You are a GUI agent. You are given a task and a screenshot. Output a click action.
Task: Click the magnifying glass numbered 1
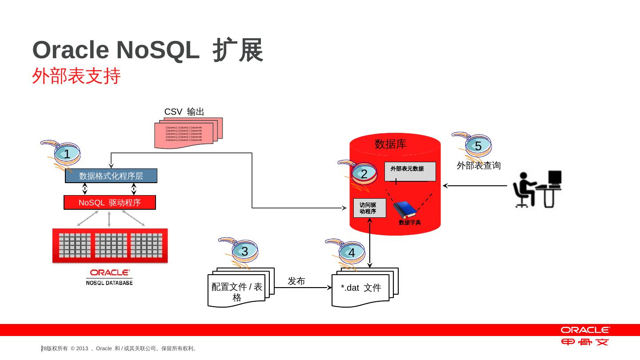click(66, 154)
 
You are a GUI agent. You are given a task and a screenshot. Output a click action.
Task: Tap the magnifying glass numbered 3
click(244, 252)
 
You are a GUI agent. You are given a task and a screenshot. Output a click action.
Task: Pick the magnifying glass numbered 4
click(351, 252)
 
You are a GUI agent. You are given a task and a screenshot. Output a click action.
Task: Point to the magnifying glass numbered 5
click(478, 146)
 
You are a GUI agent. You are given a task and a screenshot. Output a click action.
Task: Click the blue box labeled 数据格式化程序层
click(111, 176)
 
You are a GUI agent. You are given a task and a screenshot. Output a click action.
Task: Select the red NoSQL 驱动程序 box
click(110, 203)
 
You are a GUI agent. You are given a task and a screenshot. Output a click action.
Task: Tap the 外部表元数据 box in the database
click(409, 171)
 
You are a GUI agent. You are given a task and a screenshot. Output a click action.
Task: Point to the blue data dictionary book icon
click(404, 210)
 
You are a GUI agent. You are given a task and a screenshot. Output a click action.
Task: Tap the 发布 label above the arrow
click(296, 281)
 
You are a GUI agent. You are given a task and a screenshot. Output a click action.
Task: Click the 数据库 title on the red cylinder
click(390, 144)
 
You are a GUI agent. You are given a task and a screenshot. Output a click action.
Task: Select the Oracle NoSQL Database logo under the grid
click(109, 277)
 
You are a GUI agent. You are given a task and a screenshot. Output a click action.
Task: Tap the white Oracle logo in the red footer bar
click(585, 330)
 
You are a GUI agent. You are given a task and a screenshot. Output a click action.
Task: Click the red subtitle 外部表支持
click(76, 76)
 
